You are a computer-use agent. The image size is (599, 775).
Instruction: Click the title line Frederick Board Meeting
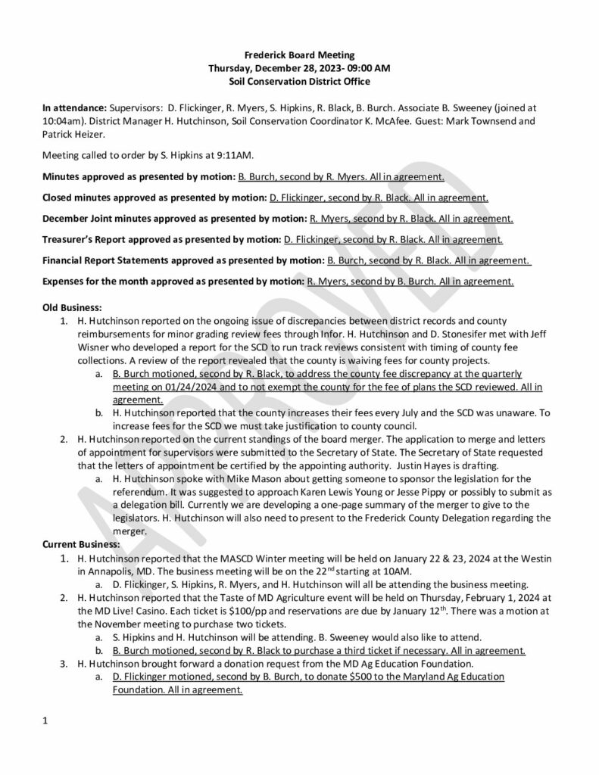coord(298,54)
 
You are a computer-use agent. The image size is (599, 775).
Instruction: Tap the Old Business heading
coord(72,307)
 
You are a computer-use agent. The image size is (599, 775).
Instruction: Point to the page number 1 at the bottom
coord(45,721)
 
